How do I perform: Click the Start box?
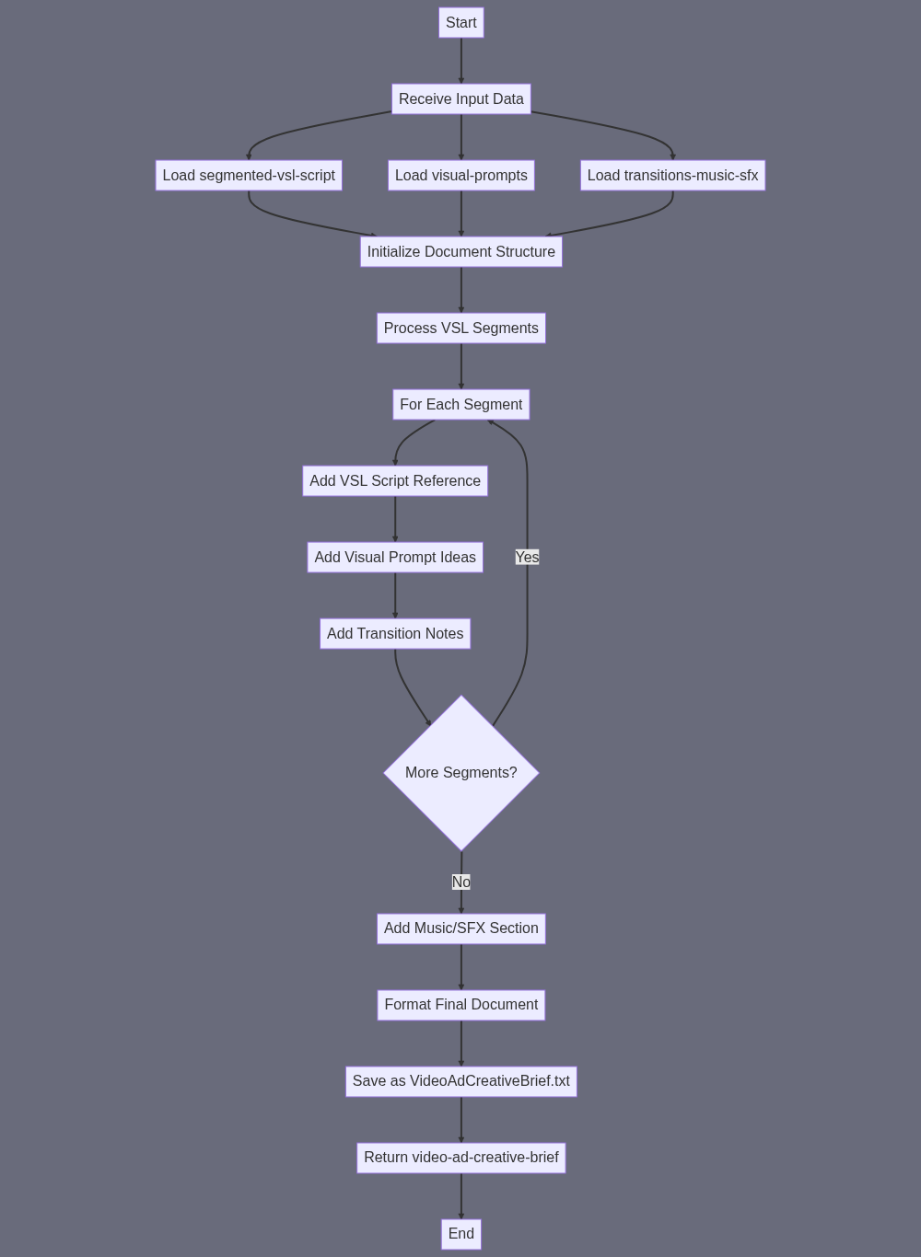pyautogui.click(x=461, y=22)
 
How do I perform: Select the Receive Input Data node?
pyautogui.click(x=461, y=98)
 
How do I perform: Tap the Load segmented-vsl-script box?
pyautogui.click(x=249, y=175)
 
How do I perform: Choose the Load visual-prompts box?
pyautogui.click(x=461, y=175)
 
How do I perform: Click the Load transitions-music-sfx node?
pyautogui.click(x=672, y=175)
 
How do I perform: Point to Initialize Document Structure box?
pyautogui.click(x=461, y=251)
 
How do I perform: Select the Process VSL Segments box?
pyautogui.click(x=461, y=328)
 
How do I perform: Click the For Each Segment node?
pyautogui.click(x=461, y=404)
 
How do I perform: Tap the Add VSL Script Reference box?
pyautogui.click(x=395, y=480)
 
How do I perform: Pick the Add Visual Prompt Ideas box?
pyautogui.click(x=395, y=557)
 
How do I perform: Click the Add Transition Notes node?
pyautogui.click(x=395, y=633)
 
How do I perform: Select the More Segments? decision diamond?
pyautogui.click(x=461, y=773)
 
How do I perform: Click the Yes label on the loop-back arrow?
pyautogui.click(x=528, y=557)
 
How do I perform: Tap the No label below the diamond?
pyautogui.click(x=461, y=882)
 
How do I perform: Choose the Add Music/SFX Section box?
pyautogui.click(x=461, y=928)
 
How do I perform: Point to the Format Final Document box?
pyautogui.click(x=461, y=1005)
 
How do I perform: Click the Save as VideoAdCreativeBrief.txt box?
pyautogui.click(x=461, y=1081)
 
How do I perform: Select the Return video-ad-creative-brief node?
pyautogui.click(x=461, y=1157)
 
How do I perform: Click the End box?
pyautogui.click(x=461, y=1233)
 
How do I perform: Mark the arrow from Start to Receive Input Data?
pyautogui.click(x=461, y=61)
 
